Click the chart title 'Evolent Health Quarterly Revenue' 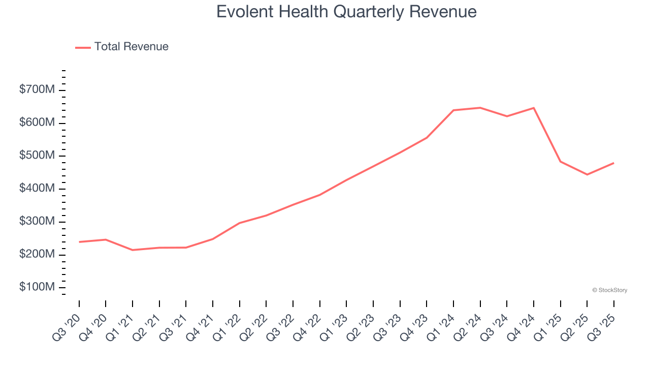click(x=346, y=12)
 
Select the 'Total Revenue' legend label click(x=131, y=47)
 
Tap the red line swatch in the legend click(x=83, y=47)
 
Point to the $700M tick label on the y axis click(x=37, y=90)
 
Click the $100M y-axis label click(x=37, y=287)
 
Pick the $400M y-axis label click(x=37, y=189)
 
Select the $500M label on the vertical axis click(x=37, y=156)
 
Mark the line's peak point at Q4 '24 click(x=534, y=108)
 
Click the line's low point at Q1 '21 click(x=133, y=250)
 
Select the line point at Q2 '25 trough click(x=587, y=174)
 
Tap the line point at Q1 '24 click(x=453, y=110)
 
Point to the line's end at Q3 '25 click(x=613, y=163)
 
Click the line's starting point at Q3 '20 click(x=79, y=242)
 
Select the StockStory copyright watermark click(x=609, y=290)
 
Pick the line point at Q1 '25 click(x=560, y=162)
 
